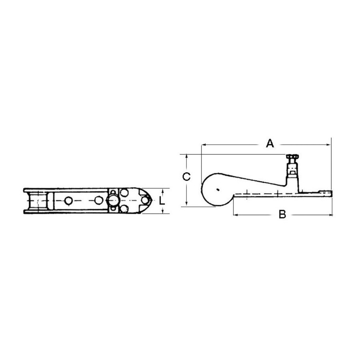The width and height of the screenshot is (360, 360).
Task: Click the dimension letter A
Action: [270, 143]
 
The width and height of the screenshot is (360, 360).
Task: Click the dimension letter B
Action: [282, 214]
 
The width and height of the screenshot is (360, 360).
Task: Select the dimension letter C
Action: [186, 176]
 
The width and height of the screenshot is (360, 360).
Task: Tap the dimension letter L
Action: [162, 201]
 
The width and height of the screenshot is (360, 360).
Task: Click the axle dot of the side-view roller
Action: [218, 190]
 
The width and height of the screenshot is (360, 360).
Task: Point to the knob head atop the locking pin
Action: [292, 157]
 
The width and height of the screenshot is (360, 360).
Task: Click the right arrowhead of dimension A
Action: [328, 145]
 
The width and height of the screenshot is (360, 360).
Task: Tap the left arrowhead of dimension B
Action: [236, 215]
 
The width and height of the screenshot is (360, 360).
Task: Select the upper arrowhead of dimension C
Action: [187, 156]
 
